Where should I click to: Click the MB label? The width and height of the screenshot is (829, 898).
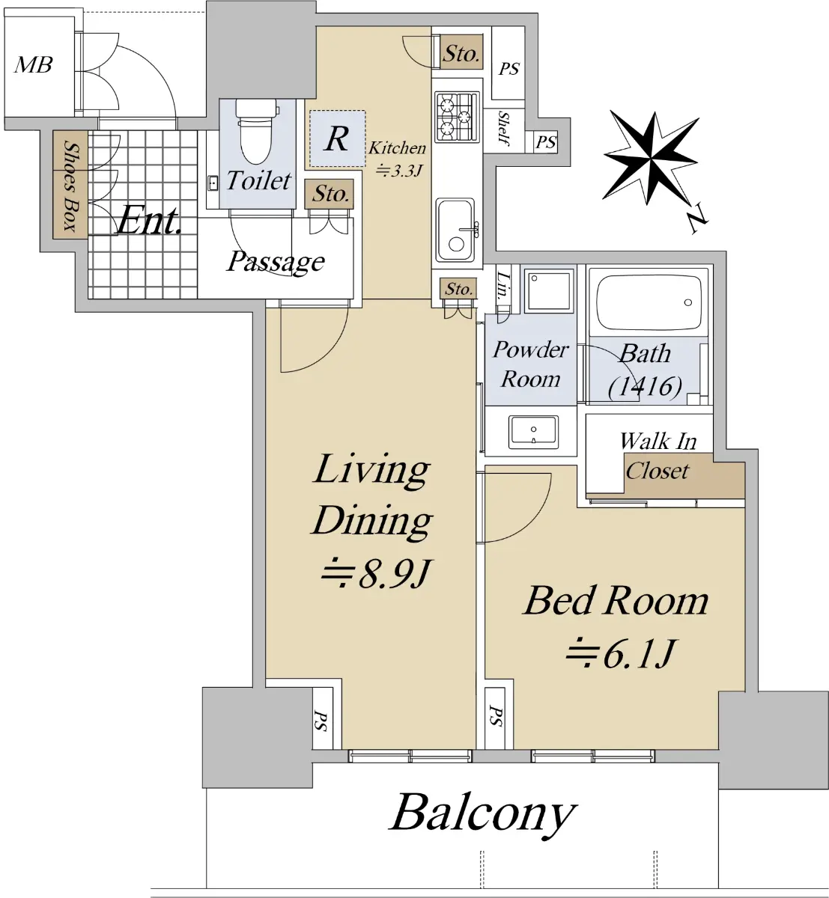coord(33,64)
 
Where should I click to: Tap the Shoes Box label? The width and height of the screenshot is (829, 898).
coord(70,186)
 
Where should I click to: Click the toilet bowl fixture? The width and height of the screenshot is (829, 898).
coord(256,132)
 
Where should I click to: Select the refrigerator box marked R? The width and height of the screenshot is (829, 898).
coord(337,138)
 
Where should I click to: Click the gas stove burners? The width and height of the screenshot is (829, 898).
coord(457,117)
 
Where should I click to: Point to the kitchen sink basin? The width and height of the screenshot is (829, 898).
coord(455,230)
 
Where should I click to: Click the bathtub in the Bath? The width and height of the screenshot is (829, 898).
coord(648,301)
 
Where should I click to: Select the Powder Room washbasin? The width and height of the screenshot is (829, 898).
coord(532,431)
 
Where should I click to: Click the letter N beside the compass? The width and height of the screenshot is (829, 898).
coord(697,219)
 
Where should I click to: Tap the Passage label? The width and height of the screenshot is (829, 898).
coord(275,261)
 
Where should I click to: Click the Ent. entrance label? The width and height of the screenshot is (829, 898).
coord(149,220)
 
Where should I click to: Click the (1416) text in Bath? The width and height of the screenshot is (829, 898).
coord(645,387)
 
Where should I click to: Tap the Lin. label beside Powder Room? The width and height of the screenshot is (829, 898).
coord(502,286)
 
